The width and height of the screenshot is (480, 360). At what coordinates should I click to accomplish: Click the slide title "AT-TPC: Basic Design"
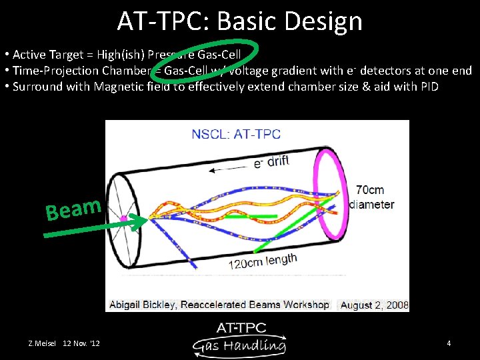(240, 21)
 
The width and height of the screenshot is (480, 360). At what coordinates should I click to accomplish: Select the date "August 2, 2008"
(373, 305)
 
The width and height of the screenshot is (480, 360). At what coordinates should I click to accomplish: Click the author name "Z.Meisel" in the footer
(41, 343)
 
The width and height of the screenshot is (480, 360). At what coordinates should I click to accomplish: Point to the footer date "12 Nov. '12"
(81, 343)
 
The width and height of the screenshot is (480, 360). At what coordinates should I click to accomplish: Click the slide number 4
(449, 343)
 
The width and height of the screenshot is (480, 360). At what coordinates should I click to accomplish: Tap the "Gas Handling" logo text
(240, 345)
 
